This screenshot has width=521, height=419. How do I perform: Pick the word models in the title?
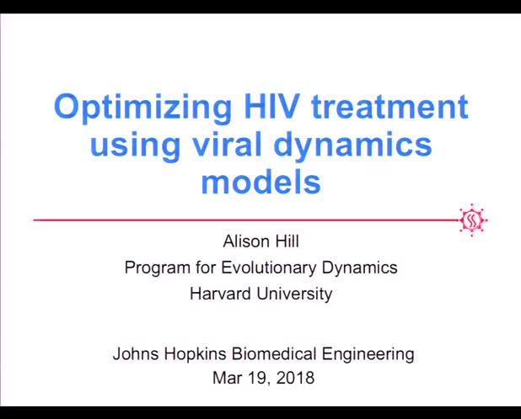click(260, 181)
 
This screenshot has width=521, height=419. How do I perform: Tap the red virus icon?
click(473, 220)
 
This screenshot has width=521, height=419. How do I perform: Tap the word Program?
click(155, 268)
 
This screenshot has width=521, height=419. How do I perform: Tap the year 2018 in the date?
click(297, 378)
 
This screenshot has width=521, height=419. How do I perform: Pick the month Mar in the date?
click(226, 378)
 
